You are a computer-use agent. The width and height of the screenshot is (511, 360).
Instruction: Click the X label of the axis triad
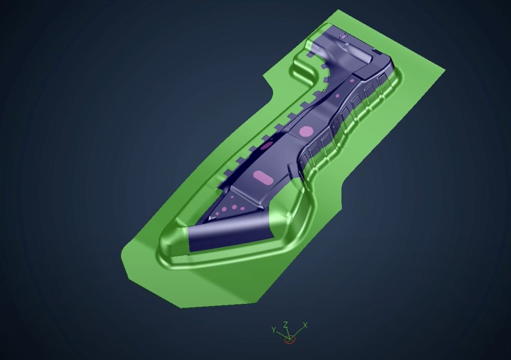pos(305,325)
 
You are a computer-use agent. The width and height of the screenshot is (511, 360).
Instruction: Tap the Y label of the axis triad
pos(273,329)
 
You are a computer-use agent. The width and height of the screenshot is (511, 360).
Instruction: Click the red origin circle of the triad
pos(290,340)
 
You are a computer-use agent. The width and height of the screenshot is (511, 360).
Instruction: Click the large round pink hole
pos(306,131)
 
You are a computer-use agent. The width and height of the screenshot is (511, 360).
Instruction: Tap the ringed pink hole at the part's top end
pos(342,37)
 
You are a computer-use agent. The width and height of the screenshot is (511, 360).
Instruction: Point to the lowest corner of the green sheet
pos(181,307)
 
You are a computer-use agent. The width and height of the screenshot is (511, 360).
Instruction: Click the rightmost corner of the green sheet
pos(445,69)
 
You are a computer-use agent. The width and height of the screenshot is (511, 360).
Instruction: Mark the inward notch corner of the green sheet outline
pos(273,90)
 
